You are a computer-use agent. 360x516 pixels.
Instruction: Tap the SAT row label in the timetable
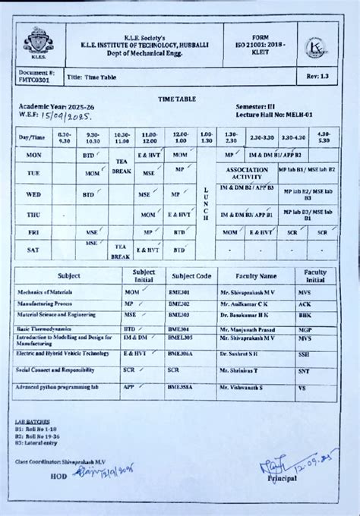tap(33, 249)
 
